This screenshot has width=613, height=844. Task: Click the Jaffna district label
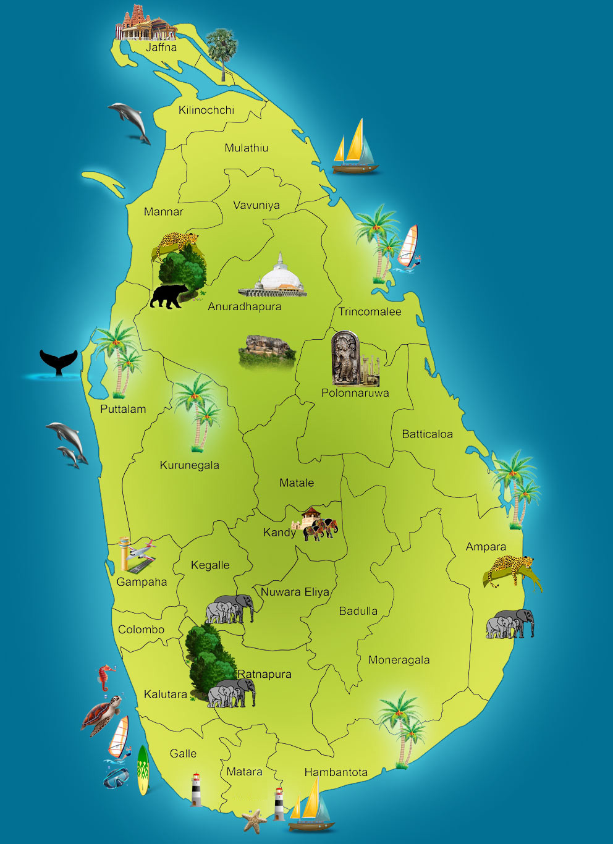(161, 47)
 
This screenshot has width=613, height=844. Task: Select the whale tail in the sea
(59, 362)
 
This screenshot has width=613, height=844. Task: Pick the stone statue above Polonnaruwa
(345, 359)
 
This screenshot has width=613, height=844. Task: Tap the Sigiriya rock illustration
(267, 351)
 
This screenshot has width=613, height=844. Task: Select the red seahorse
(107, 677)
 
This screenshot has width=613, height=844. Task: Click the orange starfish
(254, 821)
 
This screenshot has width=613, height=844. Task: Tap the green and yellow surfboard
(143, 769)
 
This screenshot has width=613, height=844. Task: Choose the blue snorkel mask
(116, 779)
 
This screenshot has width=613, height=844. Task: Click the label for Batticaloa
(427, 434)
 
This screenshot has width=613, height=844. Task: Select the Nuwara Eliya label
(295, 592)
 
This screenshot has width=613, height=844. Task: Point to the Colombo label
(141, 630)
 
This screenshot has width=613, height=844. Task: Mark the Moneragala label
(399, 660)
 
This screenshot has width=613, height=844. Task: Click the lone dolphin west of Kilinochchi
(129, 120)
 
